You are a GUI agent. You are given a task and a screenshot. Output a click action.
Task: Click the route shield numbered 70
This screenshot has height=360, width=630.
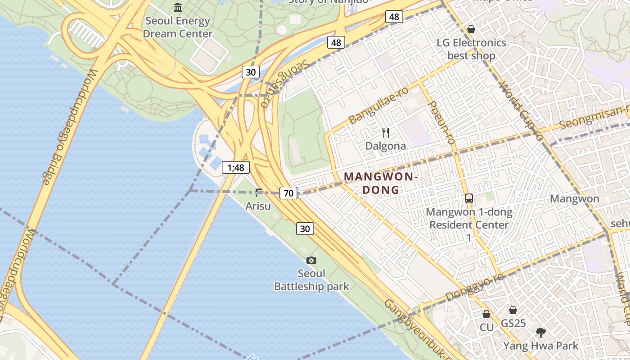click(288, 193)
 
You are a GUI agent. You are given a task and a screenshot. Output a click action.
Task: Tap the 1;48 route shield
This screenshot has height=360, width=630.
click(235, 168)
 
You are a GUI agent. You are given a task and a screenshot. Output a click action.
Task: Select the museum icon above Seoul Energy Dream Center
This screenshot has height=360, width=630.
click(178, 8)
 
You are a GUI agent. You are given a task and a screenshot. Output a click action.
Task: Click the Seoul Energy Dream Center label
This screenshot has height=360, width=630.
click(177, 27)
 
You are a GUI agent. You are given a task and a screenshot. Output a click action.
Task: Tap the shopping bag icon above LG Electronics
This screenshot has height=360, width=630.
click(471, 29)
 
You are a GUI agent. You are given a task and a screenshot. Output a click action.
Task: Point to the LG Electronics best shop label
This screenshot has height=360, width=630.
click(471, 49)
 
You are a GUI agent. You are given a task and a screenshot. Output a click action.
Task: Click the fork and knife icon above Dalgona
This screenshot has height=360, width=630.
click(386, 132)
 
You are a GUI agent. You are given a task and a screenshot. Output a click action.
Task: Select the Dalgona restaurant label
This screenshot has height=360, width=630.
click(386, 146)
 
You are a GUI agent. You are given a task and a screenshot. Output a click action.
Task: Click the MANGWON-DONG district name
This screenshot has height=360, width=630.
click(381, 183)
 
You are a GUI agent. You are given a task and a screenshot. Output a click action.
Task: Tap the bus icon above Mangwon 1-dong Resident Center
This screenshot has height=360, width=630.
click(469, 198)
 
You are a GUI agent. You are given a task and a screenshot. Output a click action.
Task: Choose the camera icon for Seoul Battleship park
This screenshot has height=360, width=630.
click(311, 260)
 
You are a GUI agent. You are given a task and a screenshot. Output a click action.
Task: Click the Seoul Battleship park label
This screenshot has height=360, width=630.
click(311, 280)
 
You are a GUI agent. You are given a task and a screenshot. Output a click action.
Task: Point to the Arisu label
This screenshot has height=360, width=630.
click(258, 206)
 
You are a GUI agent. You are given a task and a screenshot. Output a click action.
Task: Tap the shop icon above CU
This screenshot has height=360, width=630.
click(486, 314)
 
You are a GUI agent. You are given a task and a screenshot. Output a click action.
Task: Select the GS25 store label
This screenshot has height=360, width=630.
click(513, 323)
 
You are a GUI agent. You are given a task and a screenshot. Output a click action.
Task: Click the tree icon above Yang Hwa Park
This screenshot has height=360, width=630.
click(540, 333)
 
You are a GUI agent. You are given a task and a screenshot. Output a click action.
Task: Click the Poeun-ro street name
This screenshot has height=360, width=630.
click(441, 122)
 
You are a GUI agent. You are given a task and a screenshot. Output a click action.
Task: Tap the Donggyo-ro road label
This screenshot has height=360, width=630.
click(474, 288)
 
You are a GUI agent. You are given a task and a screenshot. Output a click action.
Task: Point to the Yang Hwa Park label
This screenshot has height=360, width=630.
click(540, 346)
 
